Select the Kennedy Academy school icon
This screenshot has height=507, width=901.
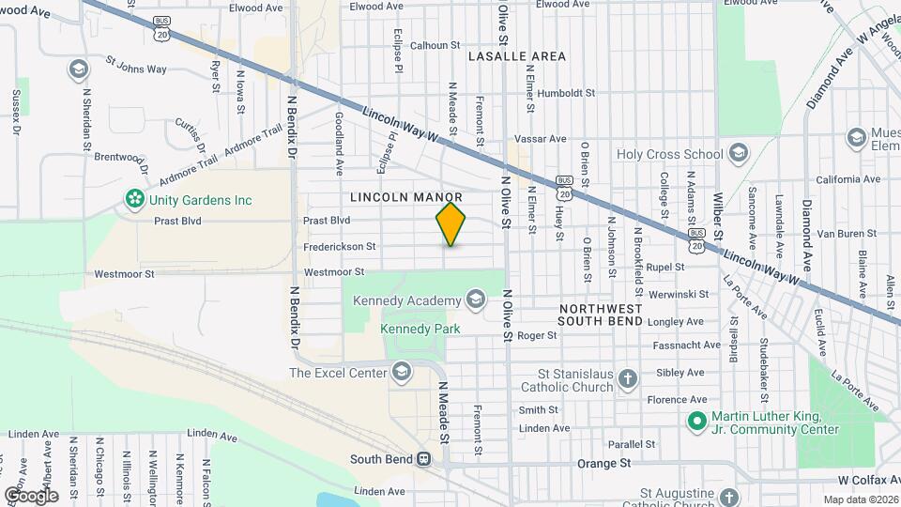pos(476,300)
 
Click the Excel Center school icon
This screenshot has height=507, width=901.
pos(403,373)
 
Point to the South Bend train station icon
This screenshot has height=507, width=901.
pos(425,459)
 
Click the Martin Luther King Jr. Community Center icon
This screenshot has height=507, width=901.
pos(696,422)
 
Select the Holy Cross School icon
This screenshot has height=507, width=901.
pos(739,154)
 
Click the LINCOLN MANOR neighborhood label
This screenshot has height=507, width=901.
pos(406,197)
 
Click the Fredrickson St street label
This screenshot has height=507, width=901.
pos(339,247)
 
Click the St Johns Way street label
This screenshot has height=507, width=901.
pos(135,68)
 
